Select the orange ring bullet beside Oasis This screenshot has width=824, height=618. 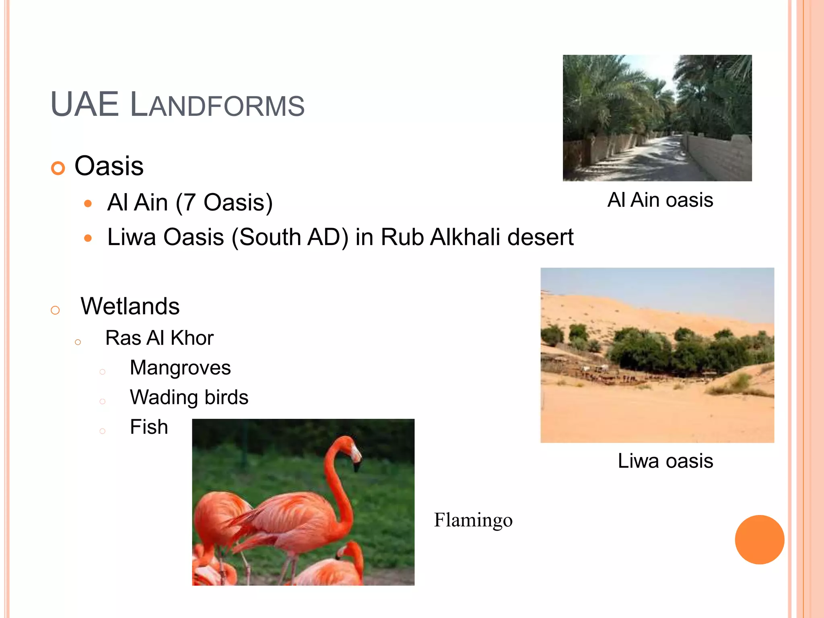pos(58,168)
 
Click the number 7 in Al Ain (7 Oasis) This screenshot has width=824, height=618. pos(190,202)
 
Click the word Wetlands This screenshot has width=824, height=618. pos(130,306)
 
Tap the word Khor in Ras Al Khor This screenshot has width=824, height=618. pos(192,338)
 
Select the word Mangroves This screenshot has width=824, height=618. pos(180,368)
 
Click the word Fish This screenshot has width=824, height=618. pos(149,427)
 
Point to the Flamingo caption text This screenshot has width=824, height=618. pos(473,520)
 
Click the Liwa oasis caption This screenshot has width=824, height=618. pos(665,461)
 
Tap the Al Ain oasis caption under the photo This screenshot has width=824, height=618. pos(660,200)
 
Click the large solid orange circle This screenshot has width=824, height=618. pos(759,540)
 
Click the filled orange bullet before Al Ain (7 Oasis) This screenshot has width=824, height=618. pos(88,204)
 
